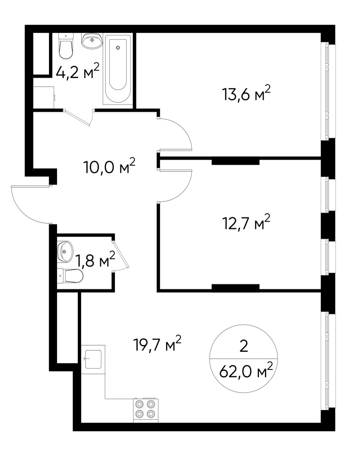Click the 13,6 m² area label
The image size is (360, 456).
[x=245, y=94]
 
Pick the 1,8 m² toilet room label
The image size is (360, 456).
[x=95, y=260]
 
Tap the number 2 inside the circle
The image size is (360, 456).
[x=243, y=347]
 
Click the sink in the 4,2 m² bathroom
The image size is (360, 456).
[x=92, y=41]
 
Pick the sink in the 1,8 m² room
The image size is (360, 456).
[x=65, y=252]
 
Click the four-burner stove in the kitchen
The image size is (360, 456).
[x=145, y=409]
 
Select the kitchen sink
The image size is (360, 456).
[x=93, y=359]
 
